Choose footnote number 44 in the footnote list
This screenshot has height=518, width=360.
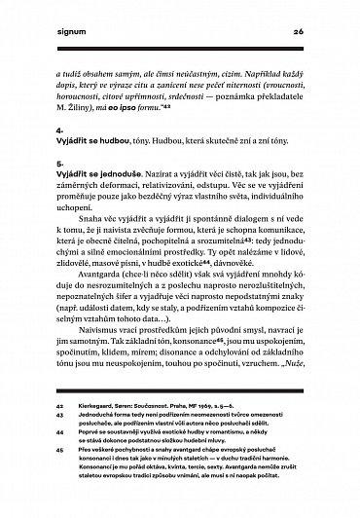tap(59, 466)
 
